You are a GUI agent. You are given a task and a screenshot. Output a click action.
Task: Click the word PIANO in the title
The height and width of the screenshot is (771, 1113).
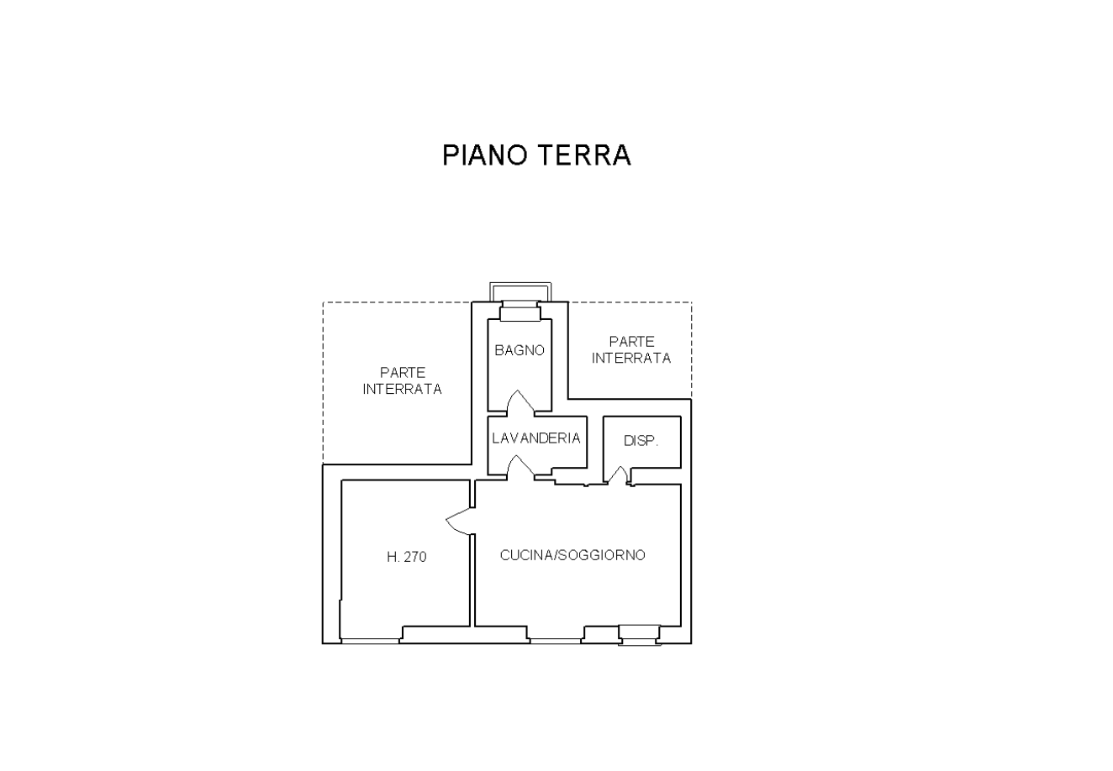pyautogui.click(x=485, y=155)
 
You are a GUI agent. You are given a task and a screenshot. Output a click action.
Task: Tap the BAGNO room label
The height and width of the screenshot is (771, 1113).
pyautogui.click(x=520, y=350)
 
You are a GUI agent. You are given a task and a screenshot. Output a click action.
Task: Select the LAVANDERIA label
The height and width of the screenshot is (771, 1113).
pyautogui.click(x=536, y=438)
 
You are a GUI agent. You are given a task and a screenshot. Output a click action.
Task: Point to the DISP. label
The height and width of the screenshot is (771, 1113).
pyautogui.click(x=641, y=441)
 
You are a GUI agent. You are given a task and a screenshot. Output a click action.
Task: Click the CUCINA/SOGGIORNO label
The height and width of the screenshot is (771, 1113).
pyautogui.click(x=572, y=555)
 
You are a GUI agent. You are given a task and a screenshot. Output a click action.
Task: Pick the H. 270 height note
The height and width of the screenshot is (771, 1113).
pyautogui.click(x=407, y=556)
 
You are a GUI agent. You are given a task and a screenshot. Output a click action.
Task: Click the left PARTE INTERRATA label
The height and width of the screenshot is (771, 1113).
pyautogui.click(x=402, y=380)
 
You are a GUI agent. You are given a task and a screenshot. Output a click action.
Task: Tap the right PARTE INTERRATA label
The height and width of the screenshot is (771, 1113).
pyautogui.click(x=631, y=349)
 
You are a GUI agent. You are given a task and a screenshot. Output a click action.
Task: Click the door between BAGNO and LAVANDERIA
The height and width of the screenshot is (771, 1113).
pyautogui.click(x=520, y=402)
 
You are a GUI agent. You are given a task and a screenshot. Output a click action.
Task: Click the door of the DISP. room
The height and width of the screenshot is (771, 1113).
pyautogui.click(x=618, y=475)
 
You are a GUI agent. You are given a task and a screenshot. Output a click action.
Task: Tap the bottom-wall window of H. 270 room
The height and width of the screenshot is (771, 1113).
pyautogui.click(x=370, y=641)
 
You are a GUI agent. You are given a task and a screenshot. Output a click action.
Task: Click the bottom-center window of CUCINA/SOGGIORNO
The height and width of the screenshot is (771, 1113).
pyautogui.click(x=555, y=641)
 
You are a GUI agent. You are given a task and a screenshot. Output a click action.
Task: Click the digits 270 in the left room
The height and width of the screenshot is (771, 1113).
pyautogui.click(x=415, y=556)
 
